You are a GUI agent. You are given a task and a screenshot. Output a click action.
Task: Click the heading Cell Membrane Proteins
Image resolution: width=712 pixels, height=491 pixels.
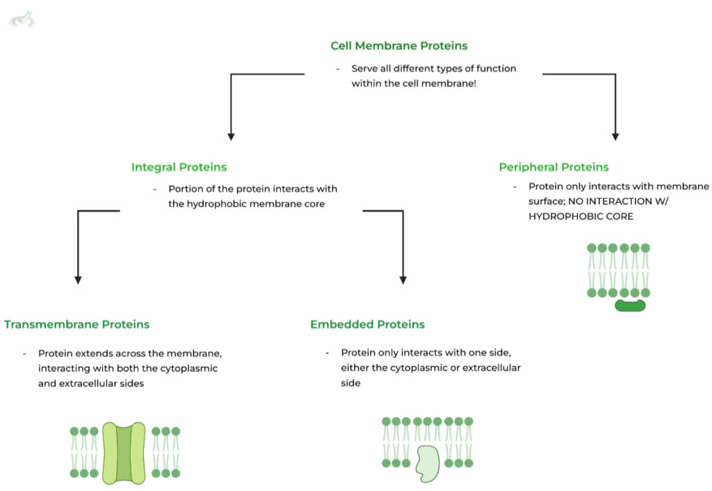coord(399,46)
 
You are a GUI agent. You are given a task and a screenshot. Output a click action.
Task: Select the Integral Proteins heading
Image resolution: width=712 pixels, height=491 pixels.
coord(179,167)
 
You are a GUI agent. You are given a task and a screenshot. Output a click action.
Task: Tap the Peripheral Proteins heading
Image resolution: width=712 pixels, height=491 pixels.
coord(553,167)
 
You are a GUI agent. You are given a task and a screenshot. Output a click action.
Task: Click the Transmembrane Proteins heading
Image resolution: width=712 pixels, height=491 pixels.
coord(76,324)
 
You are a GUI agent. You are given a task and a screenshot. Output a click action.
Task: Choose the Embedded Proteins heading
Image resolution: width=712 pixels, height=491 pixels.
coord(367,324)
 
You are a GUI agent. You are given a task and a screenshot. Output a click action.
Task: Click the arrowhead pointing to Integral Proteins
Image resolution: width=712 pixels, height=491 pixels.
coord(231,136)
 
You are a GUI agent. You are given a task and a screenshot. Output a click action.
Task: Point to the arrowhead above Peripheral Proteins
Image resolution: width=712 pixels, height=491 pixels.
coord(615,136)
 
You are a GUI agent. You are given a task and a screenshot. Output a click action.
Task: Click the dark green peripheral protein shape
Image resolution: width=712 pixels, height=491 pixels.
coord(630,305)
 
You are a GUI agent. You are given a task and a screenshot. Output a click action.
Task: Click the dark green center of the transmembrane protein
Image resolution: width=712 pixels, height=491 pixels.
coord(124,453)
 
